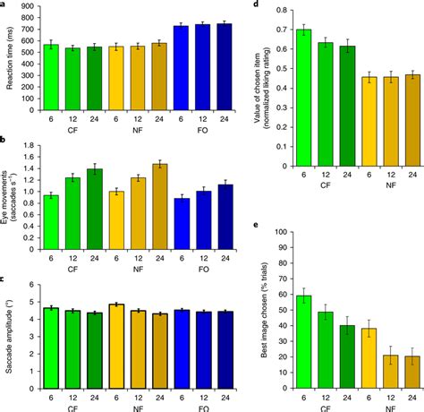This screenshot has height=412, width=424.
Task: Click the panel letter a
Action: pos(4,4)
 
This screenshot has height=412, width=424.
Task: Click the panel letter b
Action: pos(4,142)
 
